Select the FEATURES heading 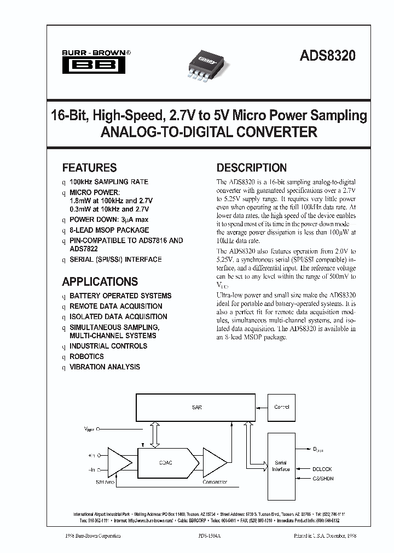89,168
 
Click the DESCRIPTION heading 252,168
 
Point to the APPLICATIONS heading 100,282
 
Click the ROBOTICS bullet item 86,356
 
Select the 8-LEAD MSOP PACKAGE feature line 109,230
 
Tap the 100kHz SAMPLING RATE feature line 108,181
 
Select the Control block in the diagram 281,407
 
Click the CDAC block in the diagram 166,462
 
